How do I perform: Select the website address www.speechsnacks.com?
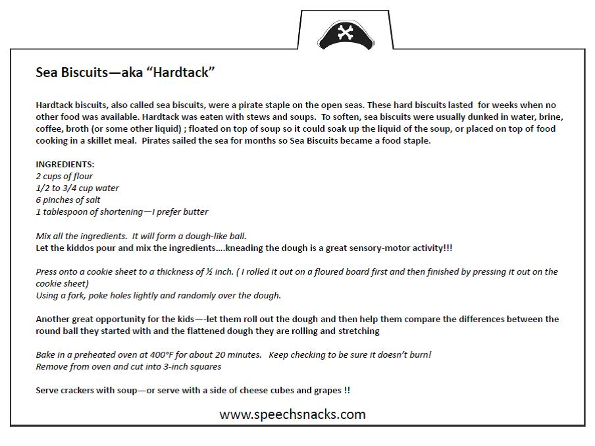[x=292, y=414]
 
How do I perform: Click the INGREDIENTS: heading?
[x=65, y=164]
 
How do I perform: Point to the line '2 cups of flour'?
[x=65, y=176]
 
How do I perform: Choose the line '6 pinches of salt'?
[x=68, y=200]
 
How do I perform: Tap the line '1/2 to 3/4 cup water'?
[x=77, y=188]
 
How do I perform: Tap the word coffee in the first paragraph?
[x=49, y=128]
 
